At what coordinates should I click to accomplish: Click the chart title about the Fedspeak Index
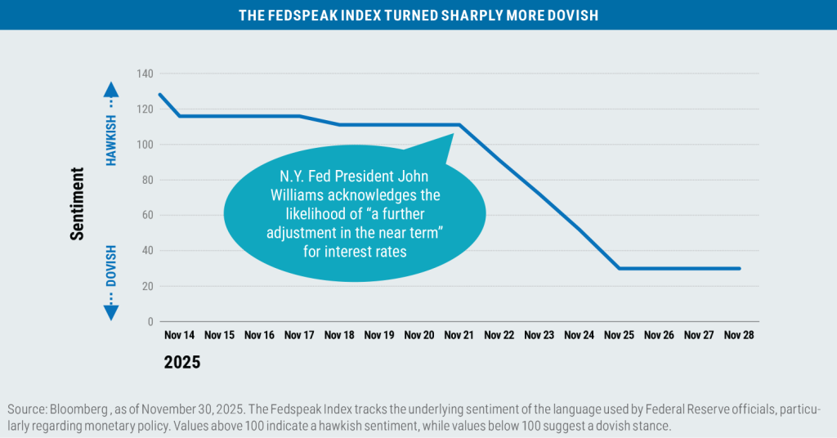pyautogui.click(x=418, y=16)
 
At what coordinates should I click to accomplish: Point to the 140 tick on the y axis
pyautogui.click(x=144, y=74)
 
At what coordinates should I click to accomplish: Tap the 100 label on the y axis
pyautogui.click(x=144, y=145)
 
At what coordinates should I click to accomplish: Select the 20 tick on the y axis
pyautogui.click(x=147, y=287)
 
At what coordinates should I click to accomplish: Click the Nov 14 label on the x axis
pyautogui.click(x=178, y=335)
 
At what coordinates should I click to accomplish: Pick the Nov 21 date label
pyautogui.click(x=459, y=335)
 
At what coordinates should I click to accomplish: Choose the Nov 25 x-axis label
pyautogui.click(x=619, y=335)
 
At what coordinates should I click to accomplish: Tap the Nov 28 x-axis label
pyautogui.click(x=739, y=335)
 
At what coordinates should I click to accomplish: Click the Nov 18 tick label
pyautogui.click(x=338, y=335)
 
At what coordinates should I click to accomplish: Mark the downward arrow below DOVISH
pyautogui.click(x=112, y=310)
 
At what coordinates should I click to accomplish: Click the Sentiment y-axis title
pyautogui.click(x=78, y=203)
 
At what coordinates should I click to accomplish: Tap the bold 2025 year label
pyautogui.click(x=181, y=362)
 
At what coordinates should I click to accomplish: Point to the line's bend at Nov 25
pyautogui.click(x=619, y=268)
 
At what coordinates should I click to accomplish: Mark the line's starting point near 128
pyautogui.click(x=159, y=95)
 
